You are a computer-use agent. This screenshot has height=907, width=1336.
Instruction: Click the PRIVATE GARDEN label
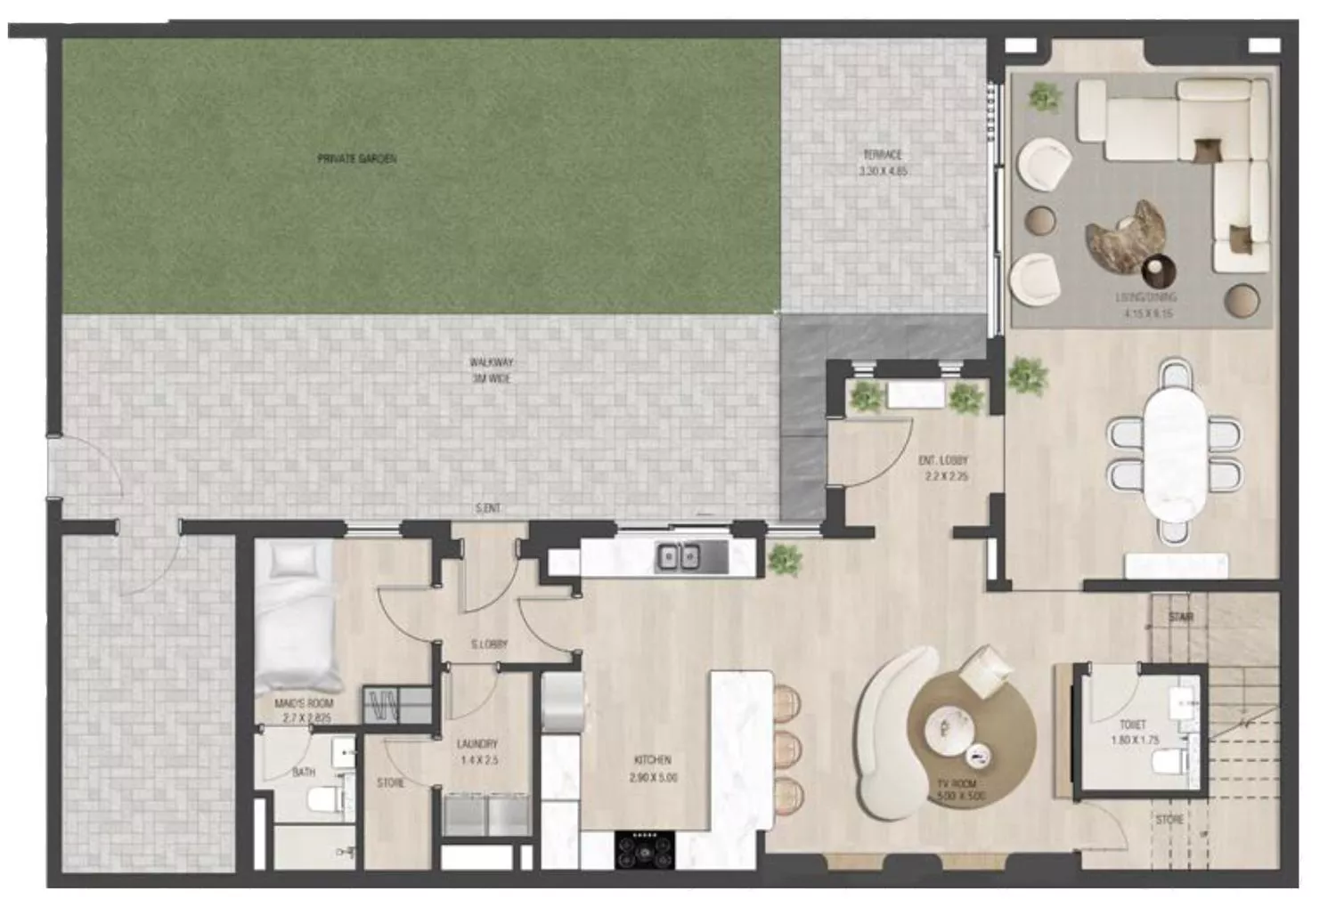tap(356, 158)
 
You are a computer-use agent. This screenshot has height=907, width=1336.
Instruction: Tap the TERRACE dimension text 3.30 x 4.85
tap(883, 171)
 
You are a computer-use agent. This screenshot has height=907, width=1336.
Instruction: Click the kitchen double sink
tap(678, 558)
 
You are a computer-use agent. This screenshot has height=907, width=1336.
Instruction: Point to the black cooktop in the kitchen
tap(646, 848)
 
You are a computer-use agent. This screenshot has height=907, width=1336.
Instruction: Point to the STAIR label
tap(1182, 617)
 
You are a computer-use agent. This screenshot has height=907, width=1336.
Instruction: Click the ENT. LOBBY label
tap(943, 462)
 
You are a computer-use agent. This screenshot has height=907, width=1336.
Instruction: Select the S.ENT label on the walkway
tap(487, 509)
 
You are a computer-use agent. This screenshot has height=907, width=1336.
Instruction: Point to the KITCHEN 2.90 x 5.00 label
tap(652, 767)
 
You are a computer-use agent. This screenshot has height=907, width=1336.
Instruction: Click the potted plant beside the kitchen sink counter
tap(783, 559)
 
